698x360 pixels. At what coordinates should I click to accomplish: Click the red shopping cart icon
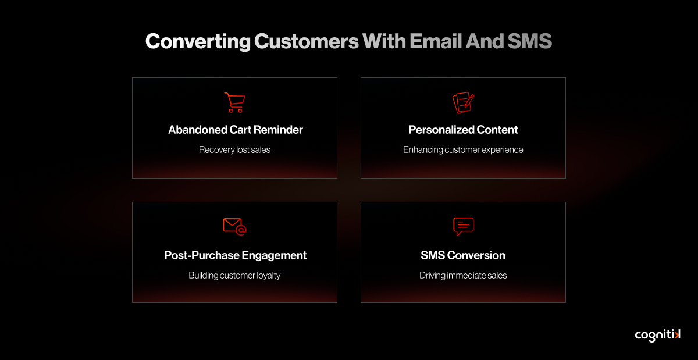[x=235, y=103]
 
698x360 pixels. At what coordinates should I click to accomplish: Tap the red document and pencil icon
[x=464, y=102]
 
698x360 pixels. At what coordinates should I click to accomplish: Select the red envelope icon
[x=234, y=226]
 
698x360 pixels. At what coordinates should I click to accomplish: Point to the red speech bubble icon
[x=464, y=226]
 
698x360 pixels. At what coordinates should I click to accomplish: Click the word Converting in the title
[x=198, y=41]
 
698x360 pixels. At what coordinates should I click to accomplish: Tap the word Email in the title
[x=436, y=41]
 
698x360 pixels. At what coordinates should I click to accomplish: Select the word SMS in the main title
[x=530, y=41]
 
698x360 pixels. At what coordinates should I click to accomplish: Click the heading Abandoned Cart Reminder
[x=235, y=130]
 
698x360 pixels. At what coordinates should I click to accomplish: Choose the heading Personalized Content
[x=463, y=130]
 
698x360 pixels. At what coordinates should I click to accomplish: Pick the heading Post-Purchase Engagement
[x=235, y=255]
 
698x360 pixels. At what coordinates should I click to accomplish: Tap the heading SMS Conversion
[x=463, y=255]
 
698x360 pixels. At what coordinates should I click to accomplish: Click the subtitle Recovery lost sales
[x=234, y=150]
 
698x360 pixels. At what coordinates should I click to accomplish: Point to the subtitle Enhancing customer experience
[x=463, y=150]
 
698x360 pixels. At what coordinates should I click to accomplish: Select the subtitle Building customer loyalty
[x=234, y=276]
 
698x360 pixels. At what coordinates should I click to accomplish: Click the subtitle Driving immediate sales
[x=463, y=276]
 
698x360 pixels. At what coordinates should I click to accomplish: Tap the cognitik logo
[x=658, y=336]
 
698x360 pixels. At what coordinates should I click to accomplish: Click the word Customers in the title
[x=307, y=41]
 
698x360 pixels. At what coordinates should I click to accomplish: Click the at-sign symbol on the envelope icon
[x=241, y=231]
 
